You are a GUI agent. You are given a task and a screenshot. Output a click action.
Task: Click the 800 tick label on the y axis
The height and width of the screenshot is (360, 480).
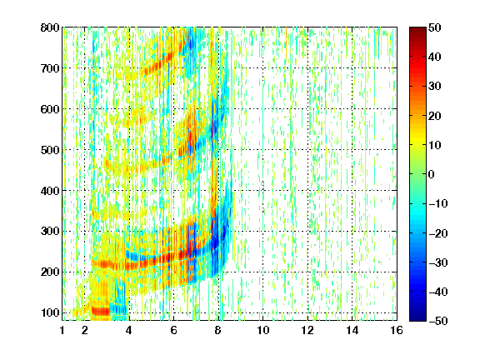50,27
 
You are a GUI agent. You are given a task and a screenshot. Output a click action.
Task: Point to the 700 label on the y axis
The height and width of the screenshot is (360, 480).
50,68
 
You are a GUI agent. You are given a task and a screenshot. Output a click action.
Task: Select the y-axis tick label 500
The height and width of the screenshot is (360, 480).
50,150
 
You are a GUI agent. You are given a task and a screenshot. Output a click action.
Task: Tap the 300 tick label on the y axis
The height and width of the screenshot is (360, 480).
50,232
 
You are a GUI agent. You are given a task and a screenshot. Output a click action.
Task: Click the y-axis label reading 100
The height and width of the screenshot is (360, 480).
50,312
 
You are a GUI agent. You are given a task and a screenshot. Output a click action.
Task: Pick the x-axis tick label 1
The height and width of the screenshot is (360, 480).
62,330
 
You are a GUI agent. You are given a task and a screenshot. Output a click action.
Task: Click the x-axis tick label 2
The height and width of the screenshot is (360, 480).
85,330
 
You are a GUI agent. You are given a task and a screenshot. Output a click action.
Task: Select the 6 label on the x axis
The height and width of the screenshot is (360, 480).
173,330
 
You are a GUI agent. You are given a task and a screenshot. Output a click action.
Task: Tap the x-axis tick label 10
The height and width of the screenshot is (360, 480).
262,330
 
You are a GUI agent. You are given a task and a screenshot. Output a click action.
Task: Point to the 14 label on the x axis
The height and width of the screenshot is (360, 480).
352,330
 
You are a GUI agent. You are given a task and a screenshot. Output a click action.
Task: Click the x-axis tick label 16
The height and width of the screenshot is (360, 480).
397,330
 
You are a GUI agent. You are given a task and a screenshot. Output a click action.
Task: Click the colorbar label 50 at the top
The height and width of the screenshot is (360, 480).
435,27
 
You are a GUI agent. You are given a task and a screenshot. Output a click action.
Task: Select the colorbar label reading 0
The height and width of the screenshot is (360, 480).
431,174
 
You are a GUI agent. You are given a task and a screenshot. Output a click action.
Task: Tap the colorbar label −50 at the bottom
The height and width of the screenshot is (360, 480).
437,321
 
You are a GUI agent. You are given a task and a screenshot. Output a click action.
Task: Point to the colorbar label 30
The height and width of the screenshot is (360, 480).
435,86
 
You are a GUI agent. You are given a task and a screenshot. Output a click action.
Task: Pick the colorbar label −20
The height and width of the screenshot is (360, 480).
437,233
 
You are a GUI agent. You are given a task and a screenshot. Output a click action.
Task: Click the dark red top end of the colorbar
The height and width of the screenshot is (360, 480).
417,29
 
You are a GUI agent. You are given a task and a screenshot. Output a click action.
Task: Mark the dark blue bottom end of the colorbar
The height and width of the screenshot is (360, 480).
417,318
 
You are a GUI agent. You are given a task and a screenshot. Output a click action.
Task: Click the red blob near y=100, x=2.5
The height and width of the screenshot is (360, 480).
101,312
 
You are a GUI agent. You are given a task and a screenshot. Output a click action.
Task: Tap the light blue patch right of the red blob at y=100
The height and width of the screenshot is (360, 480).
118,309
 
